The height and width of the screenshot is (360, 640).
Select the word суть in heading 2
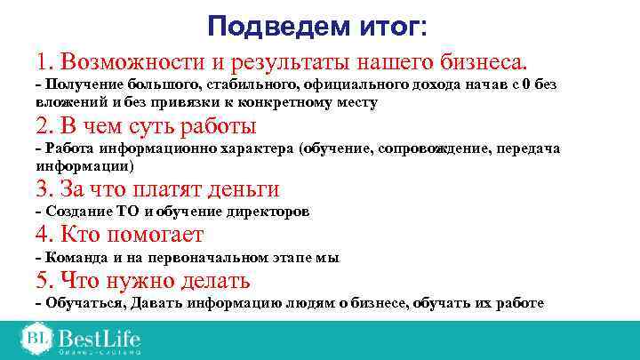[x=145, y=125]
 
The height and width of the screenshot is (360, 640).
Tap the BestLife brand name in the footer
[x=100, y=339]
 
